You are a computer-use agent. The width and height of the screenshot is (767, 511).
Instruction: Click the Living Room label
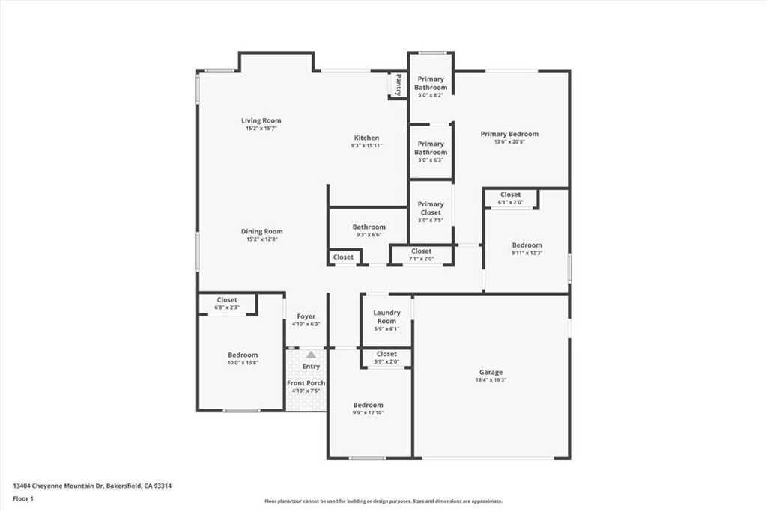pos(261,120)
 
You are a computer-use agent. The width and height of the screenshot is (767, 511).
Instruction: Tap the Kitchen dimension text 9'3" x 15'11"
pos(366,146)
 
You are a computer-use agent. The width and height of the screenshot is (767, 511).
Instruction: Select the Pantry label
pos(398,85)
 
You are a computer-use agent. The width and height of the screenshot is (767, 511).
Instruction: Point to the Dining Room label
pos(261,232)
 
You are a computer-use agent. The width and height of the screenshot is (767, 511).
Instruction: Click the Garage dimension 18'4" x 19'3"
pos(491,380)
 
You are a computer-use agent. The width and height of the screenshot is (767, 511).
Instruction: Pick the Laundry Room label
pos(386,316)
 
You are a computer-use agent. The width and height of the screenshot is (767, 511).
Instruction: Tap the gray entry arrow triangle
pos(311,354)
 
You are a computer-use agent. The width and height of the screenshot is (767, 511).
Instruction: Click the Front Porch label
pos(306,383)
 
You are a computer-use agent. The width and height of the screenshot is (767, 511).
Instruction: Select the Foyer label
pos(306,316)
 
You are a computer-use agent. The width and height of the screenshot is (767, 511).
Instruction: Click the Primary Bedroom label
pos(509,134)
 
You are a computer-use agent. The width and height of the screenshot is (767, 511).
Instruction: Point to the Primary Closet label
pos(431,208)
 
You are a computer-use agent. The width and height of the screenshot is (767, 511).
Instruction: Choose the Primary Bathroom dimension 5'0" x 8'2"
pos(431,95)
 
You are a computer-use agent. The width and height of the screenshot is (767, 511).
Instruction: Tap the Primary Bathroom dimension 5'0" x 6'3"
pos(431,160)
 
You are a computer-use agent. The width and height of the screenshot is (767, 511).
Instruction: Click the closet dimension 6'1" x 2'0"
pos(510,202)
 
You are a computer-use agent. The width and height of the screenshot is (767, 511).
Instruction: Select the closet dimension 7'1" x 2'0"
pos(421,259)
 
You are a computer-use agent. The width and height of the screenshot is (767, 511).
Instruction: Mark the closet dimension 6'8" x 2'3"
pos(227,307)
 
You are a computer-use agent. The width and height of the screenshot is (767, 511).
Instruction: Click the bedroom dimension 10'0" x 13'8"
pos(243,363)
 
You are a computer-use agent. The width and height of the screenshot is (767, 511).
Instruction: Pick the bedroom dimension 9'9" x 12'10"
pos(368,413)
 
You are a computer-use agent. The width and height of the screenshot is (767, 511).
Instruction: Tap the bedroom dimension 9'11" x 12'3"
pos(527,253)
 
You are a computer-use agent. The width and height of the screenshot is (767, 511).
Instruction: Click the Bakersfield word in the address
pos(124,486)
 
